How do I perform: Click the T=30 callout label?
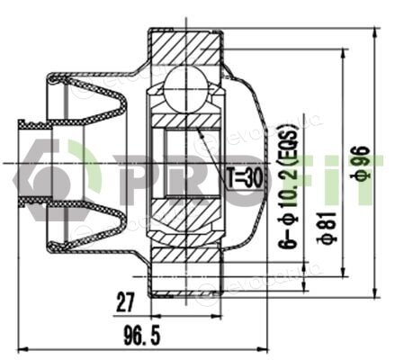(245, 178)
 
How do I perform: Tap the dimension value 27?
(125, 302)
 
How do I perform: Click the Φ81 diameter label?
(328, 227)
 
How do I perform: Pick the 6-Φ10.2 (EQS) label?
(289, 188)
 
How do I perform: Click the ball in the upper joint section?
(185, 89)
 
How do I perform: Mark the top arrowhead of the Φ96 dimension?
(374, 33)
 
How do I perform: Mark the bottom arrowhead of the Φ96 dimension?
(374, 292)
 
